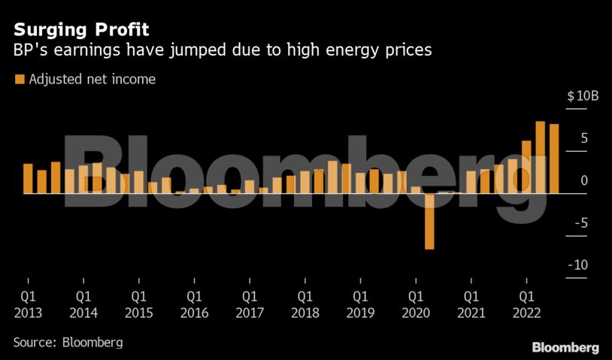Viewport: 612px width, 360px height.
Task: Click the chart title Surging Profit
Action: [81, 30]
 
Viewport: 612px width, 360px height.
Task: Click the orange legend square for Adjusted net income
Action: [20, 79]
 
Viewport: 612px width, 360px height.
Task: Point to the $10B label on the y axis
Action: [583, 96]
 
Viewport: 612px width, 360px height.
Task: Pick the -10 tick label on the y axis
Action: [578, 265]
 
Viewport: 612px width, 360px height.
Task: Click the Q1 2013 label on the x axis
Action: [28, 304]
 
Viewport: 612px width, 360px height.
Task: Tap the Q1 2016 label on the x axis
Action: [194, 304]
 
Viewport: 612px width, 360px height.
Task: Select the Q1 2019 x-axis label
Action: [360, 304]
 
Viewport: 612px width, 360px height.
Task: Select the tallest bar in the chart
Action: [540, 157]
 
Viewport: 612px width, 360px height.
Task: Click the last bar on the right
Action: [554, 159]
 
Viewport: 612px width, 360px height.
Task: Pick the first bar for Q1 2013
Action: [28, 178]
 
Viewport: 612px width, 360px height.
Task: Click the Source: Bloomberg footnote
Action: [68, 342]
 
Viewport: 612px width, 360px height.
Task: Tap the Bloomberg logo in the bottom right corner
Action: [565, 347]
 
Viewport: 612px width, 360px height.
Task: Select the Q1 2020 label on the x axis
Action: [416, 304]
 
